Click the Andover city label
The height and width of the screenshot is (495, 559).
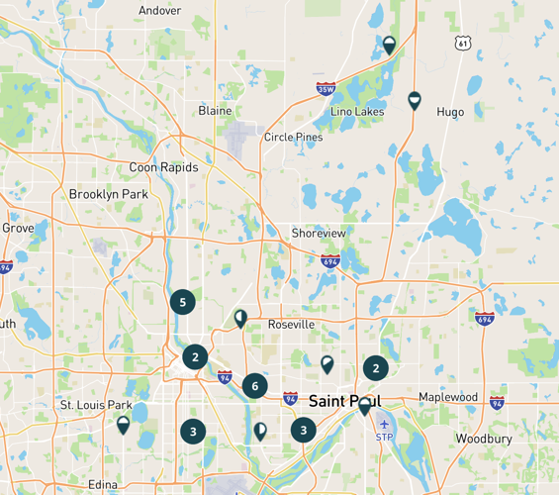160,10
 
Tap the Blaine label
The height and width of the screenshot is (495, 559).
215,111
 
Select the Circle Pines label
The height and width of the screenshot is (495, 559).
293,138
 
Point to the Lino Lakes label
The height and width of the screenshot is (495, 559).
357,112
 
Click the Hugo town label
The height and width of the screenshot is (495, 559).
450,112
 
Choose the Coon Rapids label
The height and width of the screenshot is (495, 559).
163,167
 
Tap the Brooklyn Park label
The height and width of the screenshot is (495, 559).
108,195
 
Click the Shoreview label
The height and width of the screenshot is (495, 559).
319,233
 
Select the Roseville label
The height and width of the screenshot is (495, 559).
291,325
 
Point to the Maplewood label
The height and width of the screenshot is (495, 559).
448,398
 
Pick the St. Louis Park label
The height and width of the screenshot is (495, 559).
96,405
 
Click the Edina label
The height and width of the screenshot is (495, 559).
102,484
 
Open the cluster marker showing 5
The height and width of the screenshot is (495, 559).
182,301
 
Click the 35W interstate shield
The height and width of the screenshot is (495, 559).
326,89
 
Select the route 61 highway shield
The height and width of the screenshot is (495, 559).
463,44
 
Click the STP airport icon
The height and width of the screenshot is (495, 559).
384,425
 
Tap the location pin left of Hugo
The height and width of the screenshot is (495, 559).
415,100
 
